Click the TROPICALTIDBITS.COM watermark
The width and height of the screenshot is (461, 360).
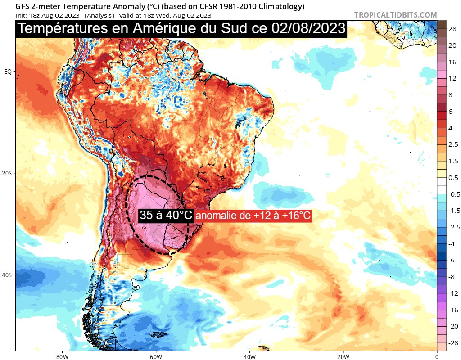[395, 15]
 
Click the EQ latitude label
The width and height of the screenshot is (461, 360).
[8, 72]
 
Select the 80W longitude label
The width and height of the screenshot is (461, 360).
[62, 355]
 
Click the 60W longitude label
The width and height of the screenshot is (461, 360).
[156, 355]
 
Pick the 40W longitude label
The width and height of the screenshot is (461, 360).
[249, 355]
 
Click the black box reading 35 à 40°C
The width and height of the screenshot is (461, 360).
[166, 216]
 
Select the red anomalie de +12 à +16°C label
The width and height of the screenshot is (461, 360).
[253, 216]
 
